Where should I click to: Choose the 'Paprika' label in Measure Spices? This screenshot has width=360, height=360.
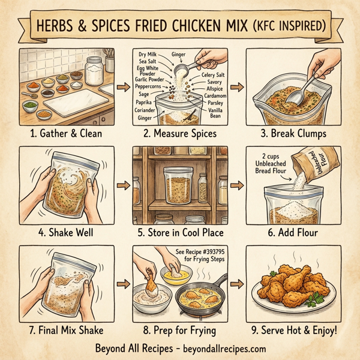tap(143, 102)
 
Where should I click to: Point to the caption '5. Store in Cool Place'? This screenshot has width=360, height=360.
tap(179, 232)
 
